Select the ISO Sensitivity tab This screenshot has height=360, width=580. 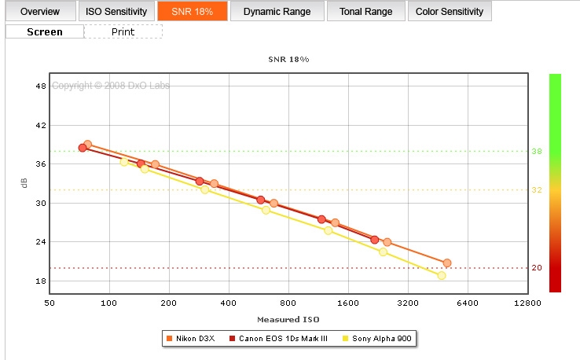tap(116, 12)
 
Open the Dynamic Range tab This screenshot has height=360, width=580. tap(276, 12)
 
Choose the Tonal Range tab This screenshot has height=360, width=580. tap(365, 12)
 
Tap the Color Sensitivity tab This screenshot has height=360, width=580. tap(450, 12)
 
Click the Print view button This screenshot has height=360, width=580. tap(123, 32)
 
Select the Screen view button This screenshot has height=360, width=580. tap(45, 32)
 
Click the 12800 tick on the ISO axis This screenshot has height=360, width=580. tap(527, 303)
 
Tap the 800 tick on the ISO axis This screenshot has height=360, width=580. tap(288, 303)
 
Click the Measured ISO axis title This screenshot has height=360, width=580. tap(288, 319)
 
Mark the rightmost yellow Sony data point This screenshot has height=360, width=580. tap(442, 275)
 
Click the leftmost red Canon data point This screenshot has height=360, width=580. tap(83, 148)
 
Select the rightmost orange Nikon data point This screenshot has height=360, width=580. tap(446, 263)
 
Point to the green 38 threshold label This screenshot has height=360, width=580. tap(536, 151)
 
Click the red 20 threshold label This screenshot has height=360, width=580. tap(536, 268)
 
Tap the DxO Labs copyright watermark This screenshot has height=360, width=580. tap(111, 86)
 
